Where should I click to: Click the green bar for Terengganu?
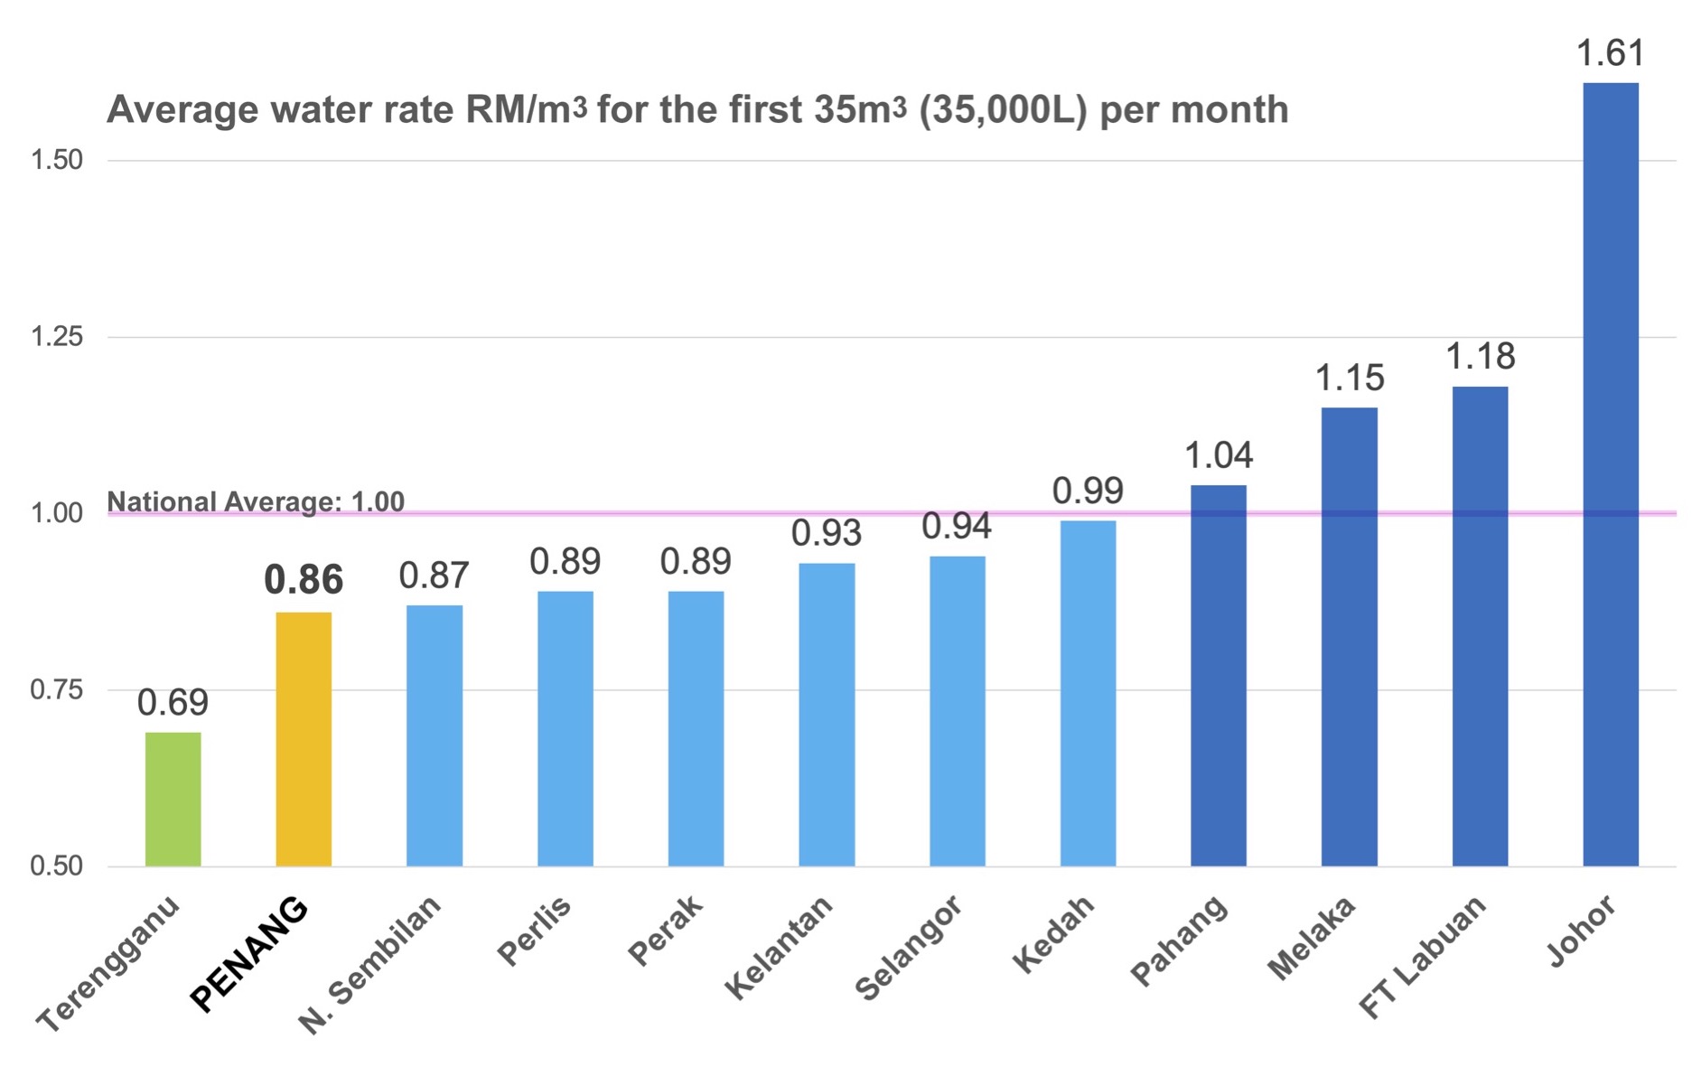click(173, 799)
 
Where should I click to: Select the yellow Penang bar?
click(304, 739)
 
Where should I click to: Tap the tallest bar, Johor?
click(1611, 474)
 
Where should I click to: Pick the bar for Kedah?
click(1088, 693)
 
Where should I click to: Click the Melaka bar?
click(1350, 637)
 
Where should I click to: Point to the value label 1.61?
click(1611, 53)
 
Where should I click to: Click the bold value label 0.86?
click(304, 580)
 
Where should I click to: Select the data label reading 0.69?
click(173, 702)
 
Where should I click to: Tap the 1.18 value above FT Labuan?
click(1481, 357)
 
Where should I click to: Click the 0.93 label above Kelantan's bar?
click(827, 533)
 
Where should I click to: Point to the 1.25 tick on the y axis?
click(57, 337)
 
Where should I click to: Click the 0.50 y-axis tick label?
click(57, 866)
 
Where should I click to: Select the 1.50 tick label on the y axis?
click(57, 160)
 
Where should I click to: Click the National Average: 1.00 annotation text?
click(256, 501)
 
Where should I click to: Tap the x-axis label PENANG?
click(249, 954)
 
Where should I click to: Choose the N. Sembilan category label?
click(369, 964)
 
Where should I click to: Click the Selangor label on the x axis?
click(908, 950)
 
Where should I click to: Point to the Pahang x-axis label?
click(1179, 940)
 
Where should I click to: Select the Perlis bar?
click(566, 728)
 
